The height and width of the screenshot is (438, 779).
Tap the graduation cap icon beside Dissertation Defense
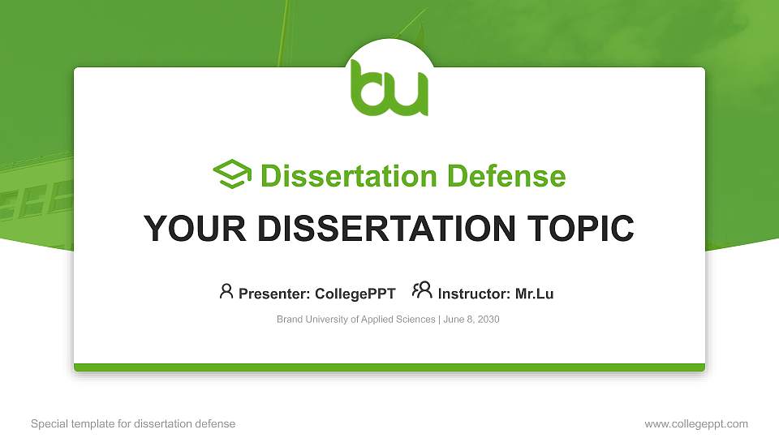(232, 174)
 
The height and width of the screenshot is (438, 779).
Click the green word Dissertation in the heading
(349, 176)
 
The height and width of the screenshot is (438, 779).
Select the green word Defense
(506, 176)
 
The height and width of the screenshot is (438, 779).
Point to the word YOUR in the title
(195, 229)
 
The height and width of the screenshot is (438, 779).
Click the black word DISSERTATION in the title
(386, 229)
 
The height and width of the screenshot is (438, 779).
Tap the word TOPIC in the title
(580, 229)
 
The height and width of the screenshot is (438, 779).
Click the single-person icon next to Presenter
(226, 291)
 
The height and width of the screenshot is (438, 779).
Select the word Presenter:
(274, 294)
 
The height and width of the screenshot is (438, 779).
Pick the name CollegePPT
(355, 294)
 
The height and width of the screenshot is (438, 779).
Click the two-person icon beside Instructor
(422, 290)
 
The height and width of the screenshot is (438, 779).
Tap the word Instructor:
(474, 294)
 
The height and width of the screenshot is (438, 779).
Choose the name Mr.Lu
(535, 294)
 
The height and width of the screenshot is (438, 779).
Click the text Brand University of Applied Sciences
(355, 320)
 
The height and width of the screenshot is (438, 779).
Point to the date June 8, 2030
(471, 320)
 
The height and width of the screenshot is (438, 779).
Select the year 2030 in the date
(488, 320)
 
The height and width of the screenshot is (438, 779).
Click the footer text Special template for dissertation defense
(133, 423)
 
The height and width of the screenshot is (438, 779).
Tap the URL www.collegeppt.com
(696, 424)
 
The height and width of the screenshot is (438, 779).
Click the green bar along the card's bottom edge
(389, 367)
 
